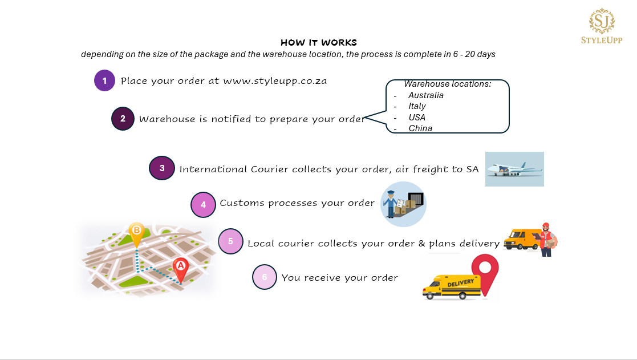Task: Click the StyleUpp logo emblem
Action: [602, 21]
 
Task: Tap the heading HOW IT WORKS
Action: [319, 43]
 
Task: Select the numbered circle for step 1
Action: [105, 80]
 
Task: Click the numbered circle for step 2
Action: [123, 119]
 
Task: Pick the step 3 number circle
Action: [162, 168]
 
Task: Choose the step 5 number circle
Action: [230, 241]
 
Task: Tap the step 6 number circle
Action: [265, 277]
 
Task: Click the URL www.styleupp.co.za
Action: [275, 80]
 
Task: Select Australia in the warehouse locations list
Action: [426, 95]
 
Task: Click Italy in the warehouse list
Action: [417, 106]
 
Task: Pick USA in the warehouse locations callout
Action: [417, 118]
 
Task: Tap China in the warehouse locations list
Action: [420, 128]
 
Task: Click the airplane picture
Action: [514, 169]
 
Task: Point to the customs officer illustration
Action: [391, 204]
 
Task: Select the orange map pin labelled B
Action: [136, 232]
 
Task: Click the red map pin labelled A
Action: [180, 266]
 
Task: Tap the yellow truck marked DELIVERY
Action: [451, 286]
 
